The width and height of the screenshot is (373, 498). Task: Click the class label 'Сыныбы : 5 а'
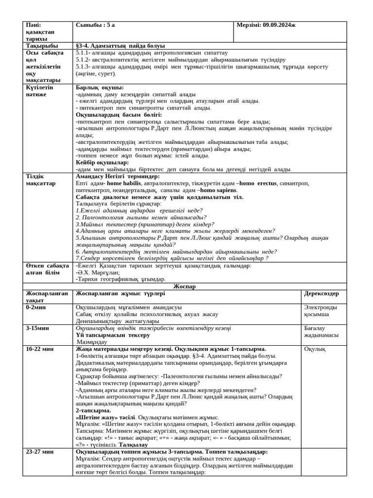[95, 25]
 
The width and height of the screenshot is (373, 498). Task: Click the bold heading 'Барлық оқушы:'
[96, 88]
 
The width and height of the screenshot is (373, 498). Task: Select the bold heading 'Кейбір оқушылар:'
[102, 162]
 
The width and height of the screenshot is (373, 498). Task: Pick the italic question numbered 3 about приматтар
[145, 224]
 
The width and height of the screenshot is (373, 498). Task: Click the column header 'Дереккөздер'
[321, 294]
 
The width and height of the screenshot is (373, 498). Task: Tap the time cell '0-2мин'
[37, 307]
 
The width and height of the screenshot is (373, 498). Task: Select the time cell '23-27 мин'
[40, 452]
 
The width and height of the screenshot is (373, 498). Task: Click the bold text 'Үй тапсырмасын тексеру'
[113, 335]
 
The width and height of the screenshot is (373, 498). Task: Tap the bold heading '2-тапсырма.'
[93, 410]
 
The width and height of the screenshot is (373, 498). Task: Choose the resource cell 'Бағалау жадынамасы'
[321, 332]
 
